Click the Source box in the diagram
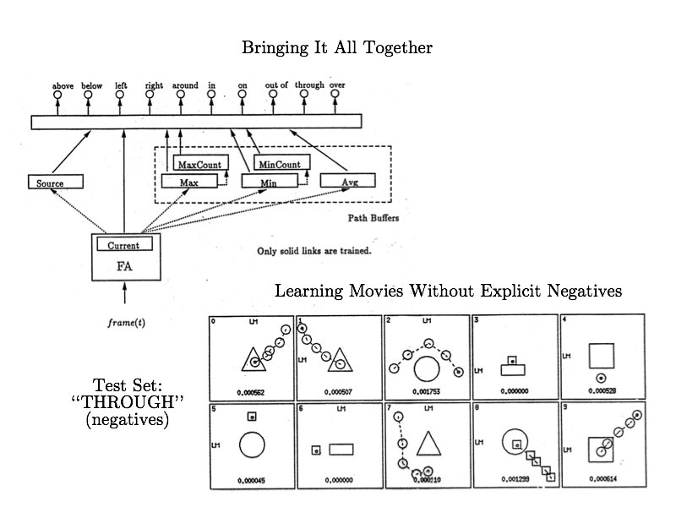(57, 182)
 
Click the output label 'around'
(185, 85)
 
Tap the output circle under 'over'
(337, 95)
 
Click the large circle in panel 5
(251, 445)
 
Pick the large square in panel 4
(601, 354)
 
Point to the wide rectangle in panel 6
(341, 450)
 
